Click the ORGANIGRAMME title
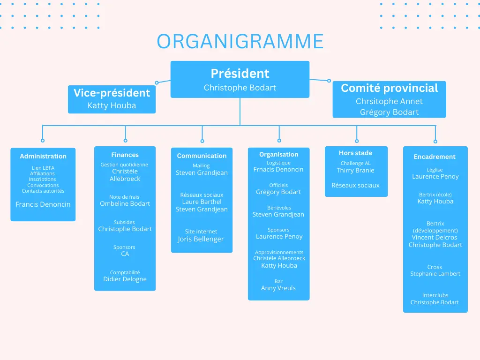coord(240,41)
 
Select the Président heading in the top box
coord(240,74)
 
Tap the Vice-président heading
coord(112,93)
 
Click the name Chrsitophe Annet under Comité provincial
coord(389,101)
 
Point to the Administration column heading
coord(43,156)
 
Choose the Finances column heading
coord(125,155)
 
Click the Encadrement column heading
coord(435,157)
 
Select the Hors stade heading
coord(355,153)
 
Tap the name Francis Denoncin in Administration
coord(43,204)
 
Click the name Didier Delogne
coord(125,279)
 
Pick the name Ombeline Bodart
coord(125,203)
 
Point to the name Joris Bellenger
coord(201,239)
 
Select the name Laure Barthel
coord(202,202)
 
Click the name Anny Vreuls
coord(278,288)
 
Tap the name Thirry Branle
coord(355,170)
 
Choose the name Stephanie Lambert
coord(435,274)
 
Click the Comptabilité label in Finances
coord(125,272)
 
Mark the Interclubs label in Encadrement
coord(435,295)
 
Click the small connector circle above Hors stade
coord(357,141)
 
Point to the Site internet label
coord(201,232)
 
